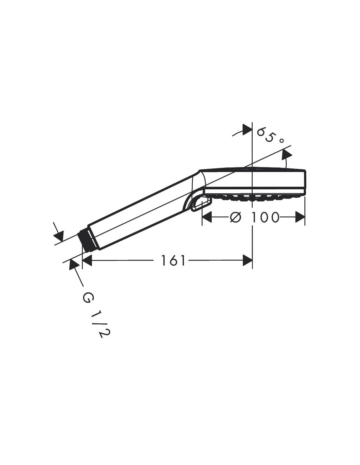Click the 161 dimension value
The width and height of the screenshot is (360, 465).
[x=173, y=260]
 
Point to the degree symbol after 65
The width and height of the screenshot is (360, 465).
[x=281, y=141]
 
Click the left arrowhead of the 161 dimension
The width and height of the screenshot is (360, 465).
[x=87, y=260]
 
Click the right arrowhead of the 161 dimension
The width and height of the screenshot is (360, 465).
[x=247, y=260]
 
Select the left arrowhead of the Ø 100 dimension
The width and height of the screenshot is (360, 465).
[x=207, y=217]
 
